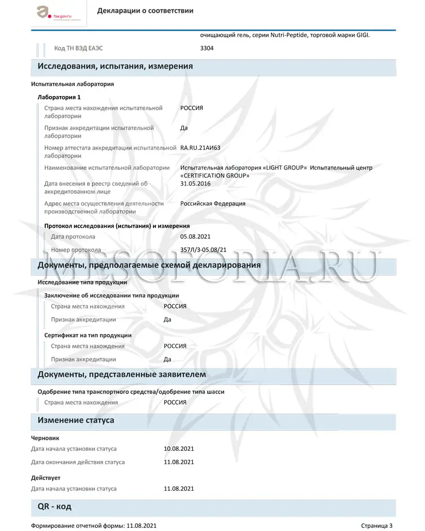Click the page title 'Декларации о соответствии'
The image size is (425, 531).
click(x=145, y=11)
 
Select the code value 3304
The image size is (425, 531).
click(x=207, y=48)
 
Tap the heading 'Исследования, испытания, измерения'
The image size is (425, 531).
click(x=115, y=66)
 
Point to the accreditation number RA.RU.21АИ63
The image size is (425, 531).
click(x=201, y=148)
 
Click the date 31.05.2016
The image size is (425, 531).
click(x=195, y=184)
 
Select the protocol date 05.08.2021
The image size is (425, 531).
click(x=195, y=236)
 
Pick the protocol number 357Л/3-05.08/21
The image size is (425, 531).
click(x=203, y=250)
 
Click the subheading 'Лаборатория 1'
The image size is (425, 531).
click(x=59, y=97)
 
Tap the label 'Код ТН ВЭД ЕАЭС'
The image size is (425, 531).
click(x=79, y=48)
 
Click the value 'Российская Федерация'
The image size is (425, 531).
click(x=212, y=203)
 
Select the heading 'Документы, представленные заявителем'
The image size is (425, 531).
click(x=122, y=375)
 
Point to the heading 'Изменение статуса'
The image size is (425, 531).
click(x=75, y=421)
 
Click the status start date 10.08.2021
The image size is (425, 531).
click(x=179, y=449)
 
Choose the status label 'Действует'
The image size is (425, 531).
click(x=46, y=478)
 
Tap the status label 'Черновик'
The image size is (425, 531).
click(x=45, y=438)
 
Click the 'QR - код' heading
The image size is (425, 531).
click(x=54, y=507)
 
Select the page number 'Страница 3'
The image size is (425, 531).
click(x=377, y=526)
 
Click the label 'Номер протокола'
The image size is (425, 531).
click(x=76, y=250)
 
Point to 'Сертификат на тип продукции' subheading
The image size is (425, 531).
click(x=88, y=335)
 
